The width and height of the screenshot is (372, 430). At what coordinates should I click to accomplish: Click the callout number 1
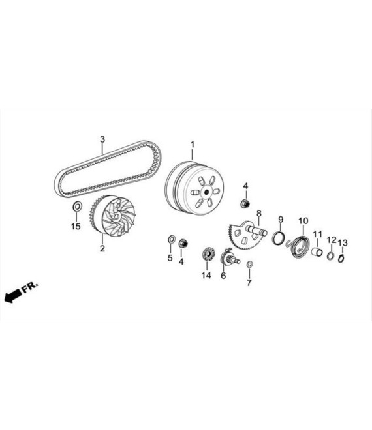pos(193,143)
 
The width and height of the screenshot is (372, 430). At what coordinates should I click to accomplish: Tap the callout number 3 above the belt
pos(102,139)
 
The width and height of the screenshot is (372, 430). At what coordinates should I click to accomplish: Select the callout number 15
pos(76,226)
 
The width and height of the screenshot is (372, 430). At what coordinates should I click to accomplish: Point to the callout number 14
pos(206,276)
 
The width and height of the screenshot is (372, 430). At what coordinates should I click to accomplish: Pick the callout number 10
pos(303,220)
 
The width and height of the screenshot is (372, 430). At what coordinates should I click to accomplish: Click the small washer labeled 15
pos(76,208)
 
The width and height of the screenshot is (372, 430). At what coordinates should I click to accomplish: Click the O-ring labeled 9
pos(277,238)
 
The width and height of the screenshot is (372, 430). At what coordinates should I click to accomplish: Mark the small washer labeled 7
pos(250,265)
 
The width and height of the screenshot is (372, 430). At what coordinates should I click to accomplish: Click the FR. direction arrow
pos(20,291)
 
